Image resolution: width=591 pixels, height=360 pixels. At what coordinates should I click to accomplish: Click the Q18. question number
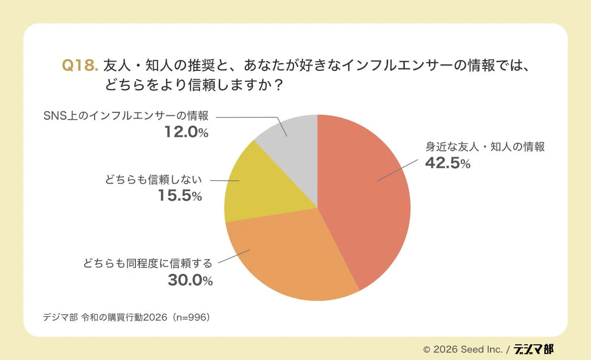pos(80,65)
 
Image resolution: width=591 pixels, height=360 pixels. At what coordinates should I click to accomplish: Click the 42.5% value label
pos(448,163)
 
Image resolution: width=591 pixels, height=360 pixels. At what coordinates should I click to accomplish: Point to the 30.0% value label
pos(190,280)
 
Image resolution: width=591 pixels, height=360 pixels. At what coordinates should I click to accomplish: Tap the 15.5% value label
pos(180,196)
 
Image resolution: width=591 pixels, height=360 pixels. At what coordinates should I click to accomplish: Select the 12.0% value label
pos(186,131)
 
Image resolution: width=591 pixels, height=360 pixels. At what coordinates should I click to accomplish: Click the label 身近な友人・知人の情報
pos(485,147)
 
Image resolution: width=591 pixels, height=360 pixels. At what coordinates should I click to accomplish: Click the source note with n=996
pos(127,317)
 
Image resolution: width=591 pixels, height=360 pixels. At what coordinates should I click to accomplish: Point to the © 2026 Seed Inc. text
pos(463,350)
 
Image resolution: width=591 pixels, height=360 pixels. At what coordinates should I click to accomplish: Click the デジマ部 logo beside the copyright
pos(533,349)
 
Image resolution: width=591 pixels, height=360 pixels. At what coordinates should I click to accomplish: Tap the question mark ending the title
pos(278,85)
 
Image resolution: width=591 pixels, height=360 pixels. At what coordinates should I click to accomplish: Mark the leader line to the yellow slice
pos(224,181)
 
